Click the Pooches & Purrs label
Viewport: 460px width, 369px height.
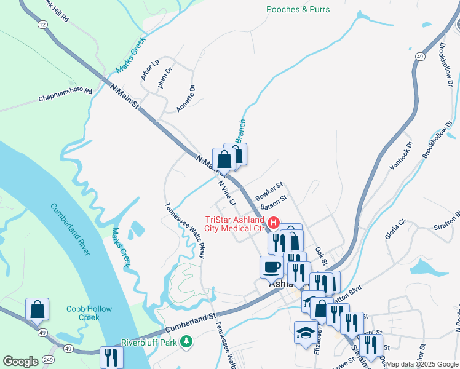[298, 9]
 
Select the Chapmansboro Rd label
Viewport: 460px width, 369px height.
[65, 95]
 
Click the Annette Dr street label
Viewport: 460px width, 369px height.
[185, 98]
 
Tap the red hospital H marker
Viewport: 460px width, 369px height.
[270, 219]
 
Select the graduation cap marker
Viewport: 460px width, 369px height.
[306, 332]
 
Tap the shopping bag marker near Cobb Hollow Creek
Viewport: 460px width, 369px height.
[37, 309]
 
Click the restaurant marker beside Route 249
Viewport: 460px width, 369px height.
[111, 357]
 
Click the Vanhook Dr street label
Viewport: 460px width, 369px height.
[401, 156]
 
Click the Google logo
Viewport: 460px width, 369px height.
[20, 362]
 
